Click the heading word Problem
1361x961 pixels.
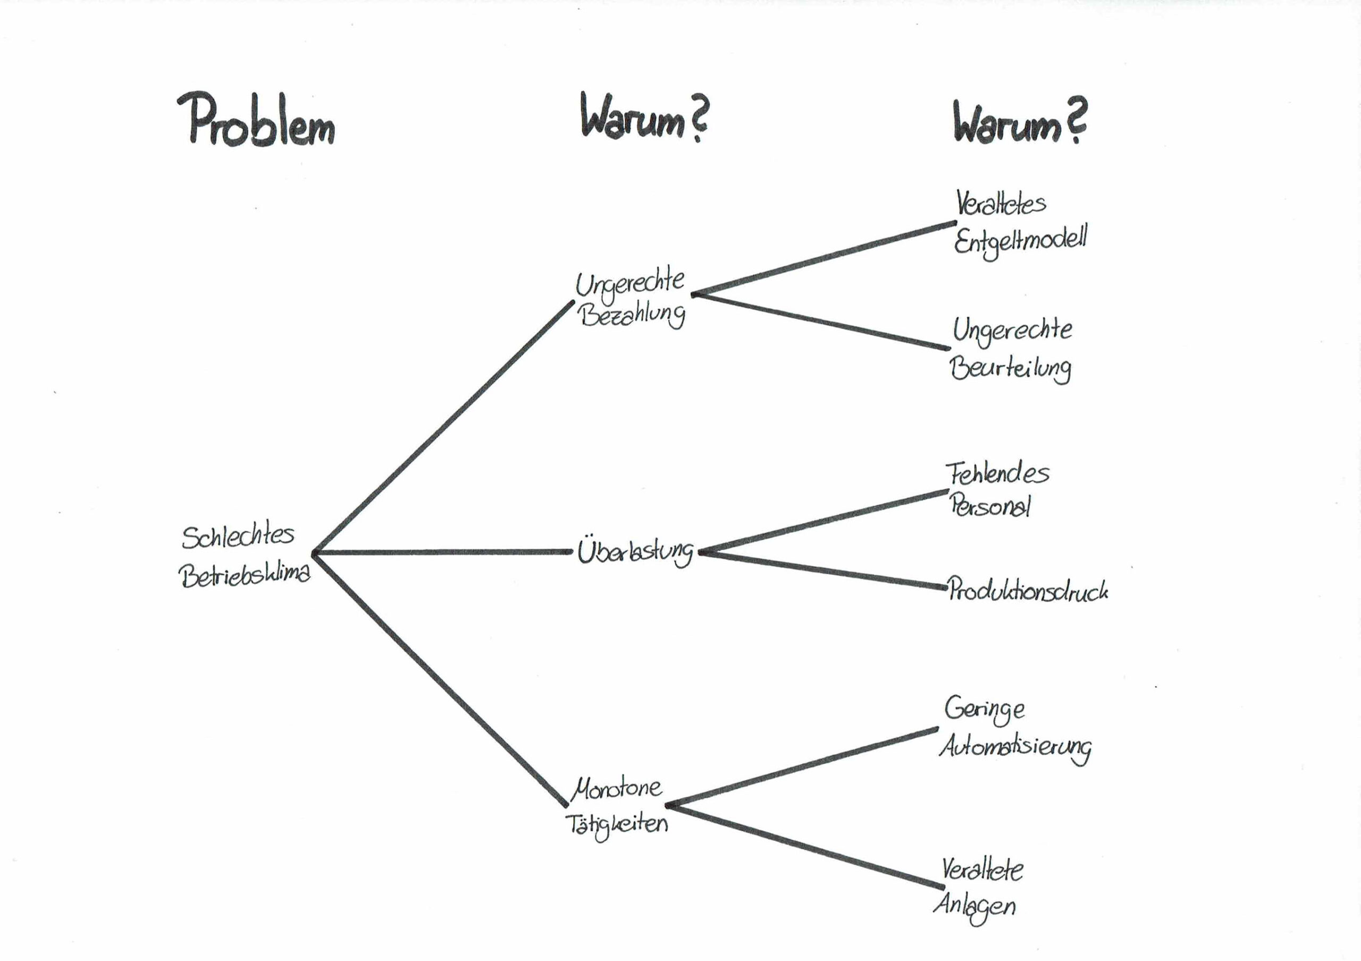[256, 121]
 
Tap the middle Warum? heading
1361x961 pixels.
[643, 118]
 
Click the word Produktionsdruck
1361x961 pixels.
[1028, 590]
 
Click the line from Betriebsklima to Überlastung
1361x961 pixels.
[442, 552]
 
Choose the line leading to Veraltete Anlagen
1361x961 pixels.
[805, 847]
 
